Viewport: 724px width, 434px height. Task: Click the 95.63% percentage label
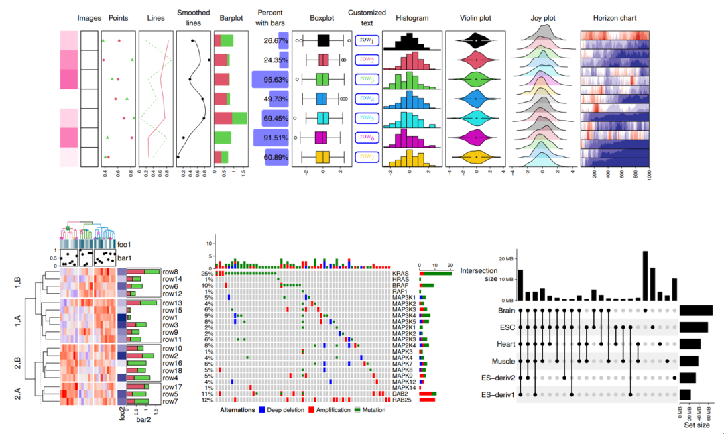276,80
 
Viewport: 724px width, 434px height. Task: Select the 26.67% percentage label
276,41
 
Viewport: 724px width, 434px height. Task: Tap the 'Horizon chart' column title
615,18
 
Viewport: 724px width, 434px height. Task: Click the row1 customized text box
366,41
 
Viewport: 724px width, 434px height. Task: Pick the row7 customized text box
366,157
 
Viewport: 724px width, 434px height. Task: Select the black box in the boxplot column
323,41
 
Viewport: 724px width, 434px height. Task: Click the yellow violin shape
476,157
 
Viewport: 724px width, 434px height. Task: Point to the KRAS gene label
400,274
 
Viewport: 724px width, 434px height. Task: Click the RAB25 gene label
402,400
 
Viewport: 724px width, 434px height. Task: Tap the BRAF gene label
400,286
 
